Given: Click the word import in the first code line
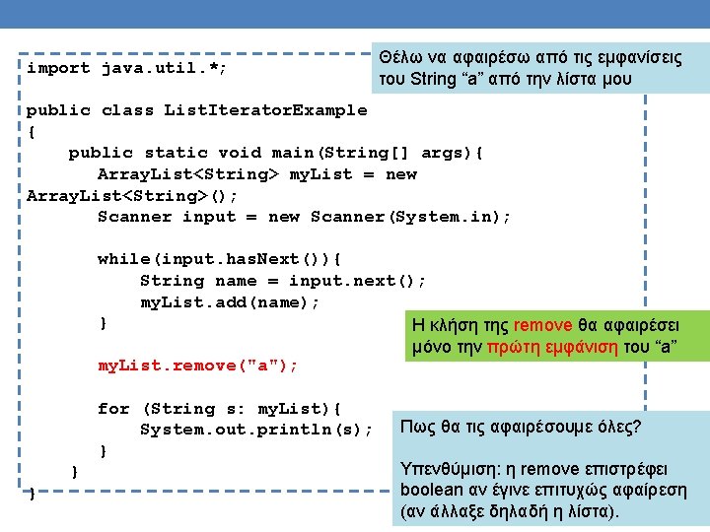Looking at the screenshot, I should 58,69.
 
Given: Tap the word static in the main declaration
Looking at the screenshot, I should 177,153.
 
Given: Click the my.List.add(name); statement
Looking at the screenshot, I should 230,302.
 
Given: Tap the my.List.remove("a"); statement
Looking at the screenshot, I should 197,366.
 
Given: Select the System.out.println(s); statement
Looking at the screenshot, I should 256,430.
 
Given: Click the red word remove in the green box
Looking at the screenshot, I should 542,326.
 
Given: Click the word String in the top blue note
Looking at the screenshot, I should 427,80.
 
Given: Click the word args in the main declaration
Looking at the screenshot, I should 442,153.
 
